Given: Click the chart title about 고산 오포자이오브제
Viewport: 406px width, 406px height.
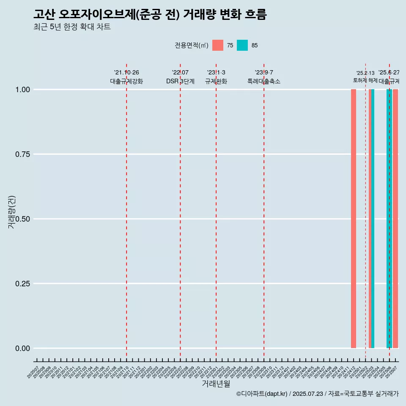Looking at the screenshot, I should coord(150,14).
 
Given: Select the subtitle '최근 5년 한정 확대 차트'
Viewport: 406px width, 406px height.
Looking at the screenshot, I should coord(72,27).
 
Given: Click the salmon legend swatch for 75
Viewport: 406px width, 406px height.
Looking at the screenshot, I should coord(218,45).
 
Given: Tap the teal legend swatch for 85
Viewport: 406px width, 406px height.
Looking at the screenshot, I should coord(242,45).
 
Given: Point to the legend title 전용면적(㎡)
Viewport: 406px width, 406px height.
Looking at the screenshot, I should coord(191,45).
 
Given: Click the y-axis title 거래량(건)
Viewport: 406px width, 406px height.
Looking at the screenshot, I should coord(11,212).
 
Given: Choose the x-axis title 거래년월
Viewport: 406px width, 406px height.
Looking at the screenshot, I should coord(216,384).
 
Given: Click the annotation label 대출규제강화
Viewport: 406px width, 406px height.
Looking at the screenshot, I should coord(126,81).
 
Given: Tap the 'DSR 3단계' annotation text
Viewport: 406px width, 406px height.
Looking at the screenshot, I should coord(180,81).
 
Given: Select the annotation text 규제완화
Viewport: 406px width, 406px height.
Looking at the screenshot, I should coord(216,81).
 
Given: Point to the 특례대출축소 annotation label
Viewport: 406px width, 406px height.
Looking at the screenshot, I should coord(264,81).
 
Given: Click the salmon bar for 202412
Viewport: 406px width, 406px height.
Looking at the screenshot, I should coord(354,219).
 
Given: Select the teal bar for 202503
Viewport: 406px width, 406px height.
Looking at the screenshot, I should coord(373,219).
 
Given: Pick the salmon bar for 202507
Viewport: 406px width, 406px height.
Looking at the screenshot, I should coord(395,219).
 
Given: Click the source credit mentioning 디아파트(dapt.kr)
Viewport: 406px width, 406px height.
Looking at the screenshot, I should coord(317,394).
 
